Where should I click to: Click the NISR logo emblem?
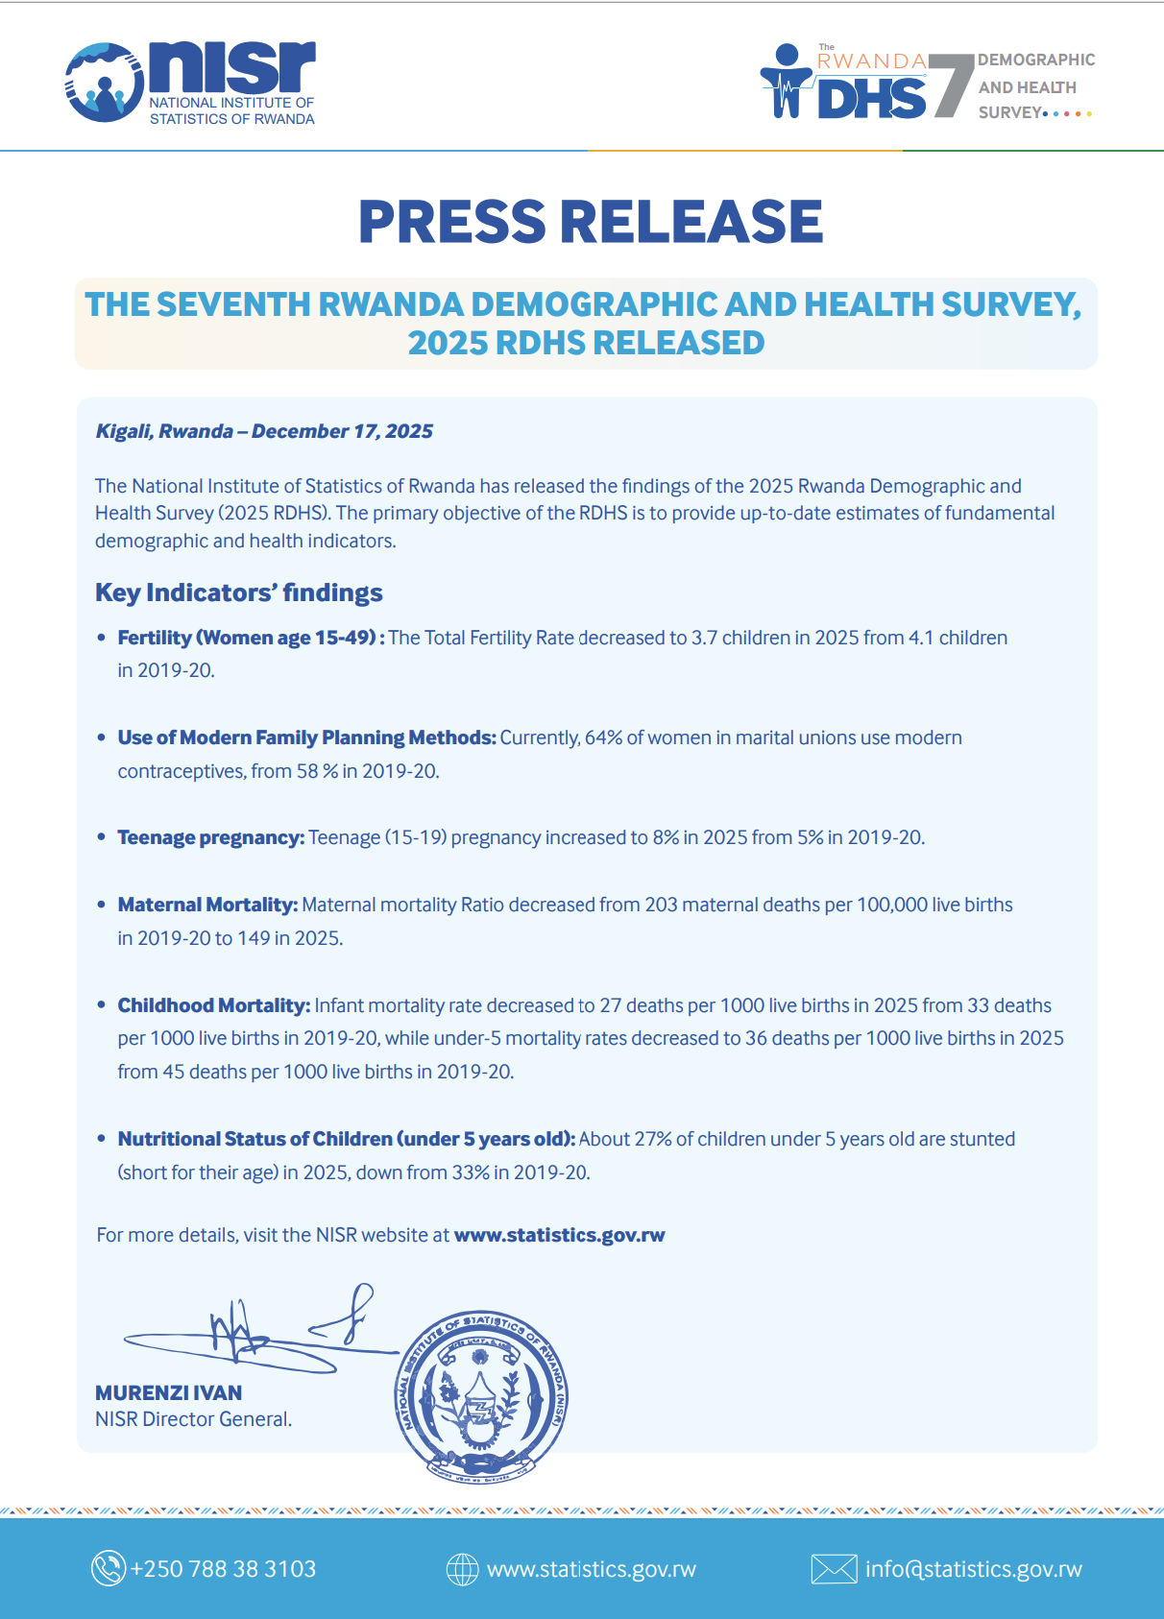point(104,83)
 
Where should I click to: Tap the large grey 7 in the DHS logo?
point(950,85)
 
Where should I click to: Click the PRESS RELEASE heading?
point(590,222)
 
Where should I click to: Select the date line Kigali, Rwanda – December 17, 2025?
point(264,431)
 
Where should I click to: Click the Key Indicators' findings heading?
point(238,592)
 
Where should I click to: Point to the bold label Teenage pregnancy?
point(210,837)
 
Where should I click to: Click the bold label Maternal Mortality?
point(207,905)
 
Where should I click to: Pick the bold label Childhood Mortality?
point(213,1005)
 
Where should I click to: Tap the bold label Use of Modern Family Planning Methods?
point(306,737)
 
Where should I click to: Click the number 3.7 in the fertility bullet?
point(704,638)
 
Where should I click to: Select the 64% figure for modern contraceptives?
point(603,737)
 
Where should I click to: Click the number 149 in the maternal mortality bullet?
point(254,938)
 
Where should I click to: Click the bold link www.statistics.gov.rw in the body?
point(559,1235)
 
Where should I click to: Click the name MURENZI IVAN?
point(168,1392)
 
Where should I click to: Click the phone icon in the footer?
point(108,1568)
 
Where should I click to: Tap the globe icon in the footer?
point(462,1569)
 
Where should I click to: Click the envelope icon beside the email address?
point(833,1569)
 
